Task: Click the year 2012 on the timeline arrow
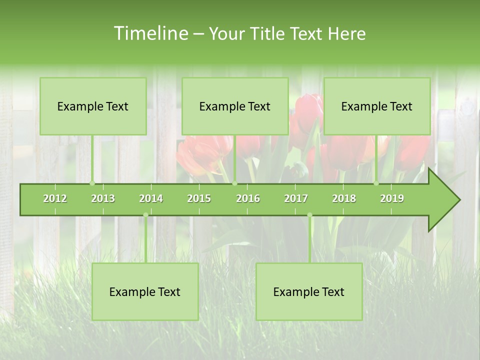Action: (55, 198)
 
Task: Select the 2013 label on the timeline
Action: (103, 198)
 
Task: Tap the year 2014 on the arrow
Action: (151, 198)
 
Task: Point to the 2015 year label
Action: (199, 198)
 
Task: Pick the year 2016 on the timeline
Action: (248, 198)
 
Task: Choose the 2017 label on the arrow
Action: (296, 198)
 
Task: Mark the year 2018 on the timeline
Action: (344, 198)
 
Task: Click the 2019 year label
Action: (392, 198)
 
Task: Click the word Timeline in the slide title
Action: (150, 33)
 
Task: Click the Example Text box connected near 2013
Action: (93, 106)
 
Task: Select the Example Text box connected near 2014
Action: (145, 291)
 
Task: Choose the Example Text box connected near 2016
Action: (235, 106)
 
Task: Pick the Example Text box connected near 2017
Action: (309, 291)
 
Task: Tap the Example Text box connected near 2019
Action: (377, 106)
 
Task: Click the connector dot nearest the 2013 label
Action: (92, 183)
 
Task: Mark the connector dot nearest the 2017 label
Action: (309, 215)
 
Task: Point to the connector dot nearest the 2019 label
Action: (376, 183)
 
